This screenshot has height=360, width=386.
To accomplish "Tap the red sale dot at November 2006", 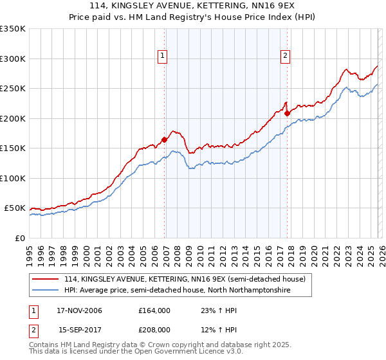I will point(165,139).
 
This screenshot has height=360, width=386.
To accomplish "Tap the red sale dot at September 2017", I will point(288,113).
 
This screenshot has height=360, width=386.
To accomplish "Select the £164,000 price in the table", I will point(154,310).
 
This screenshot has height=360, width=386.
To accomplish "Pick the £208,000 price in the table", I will point(154,329).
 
